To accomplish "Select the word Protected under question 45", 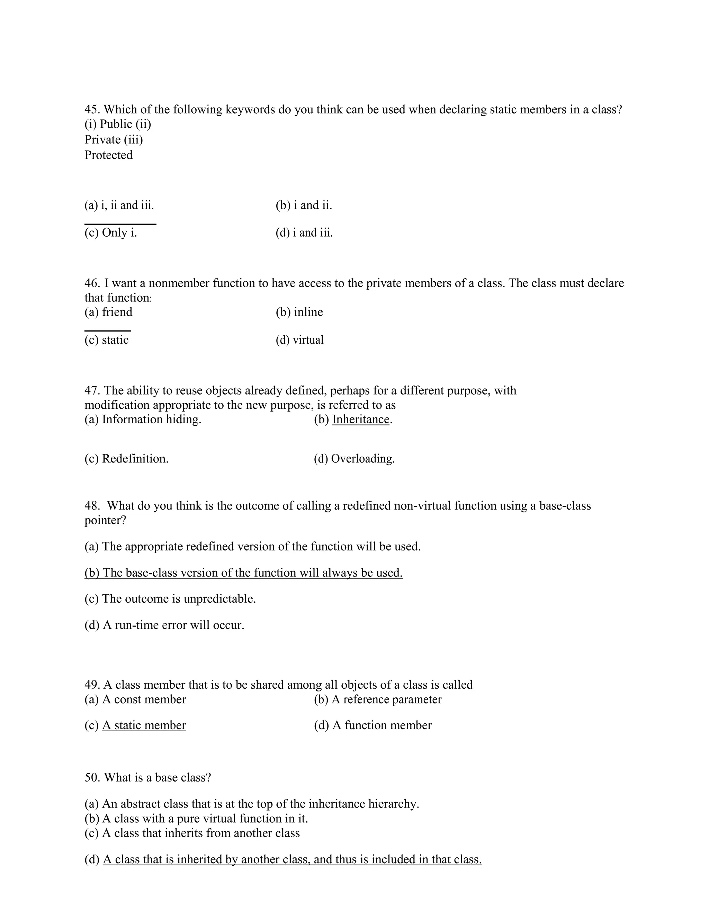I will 108,155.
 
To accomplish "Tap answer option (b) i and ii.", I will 304,205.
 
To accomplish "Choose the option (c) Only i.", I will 111,232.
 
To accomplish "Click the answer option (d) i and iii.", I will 304,232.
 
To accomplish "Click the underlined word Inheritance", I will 361,420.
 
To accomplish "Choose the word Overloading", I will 362,459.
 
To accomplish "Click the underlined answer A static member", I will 144,725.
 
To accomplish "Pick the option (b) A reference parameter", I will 378,699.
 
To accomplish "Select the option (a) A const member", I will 135,699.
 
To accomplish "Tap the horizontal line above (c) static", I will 108,331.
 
